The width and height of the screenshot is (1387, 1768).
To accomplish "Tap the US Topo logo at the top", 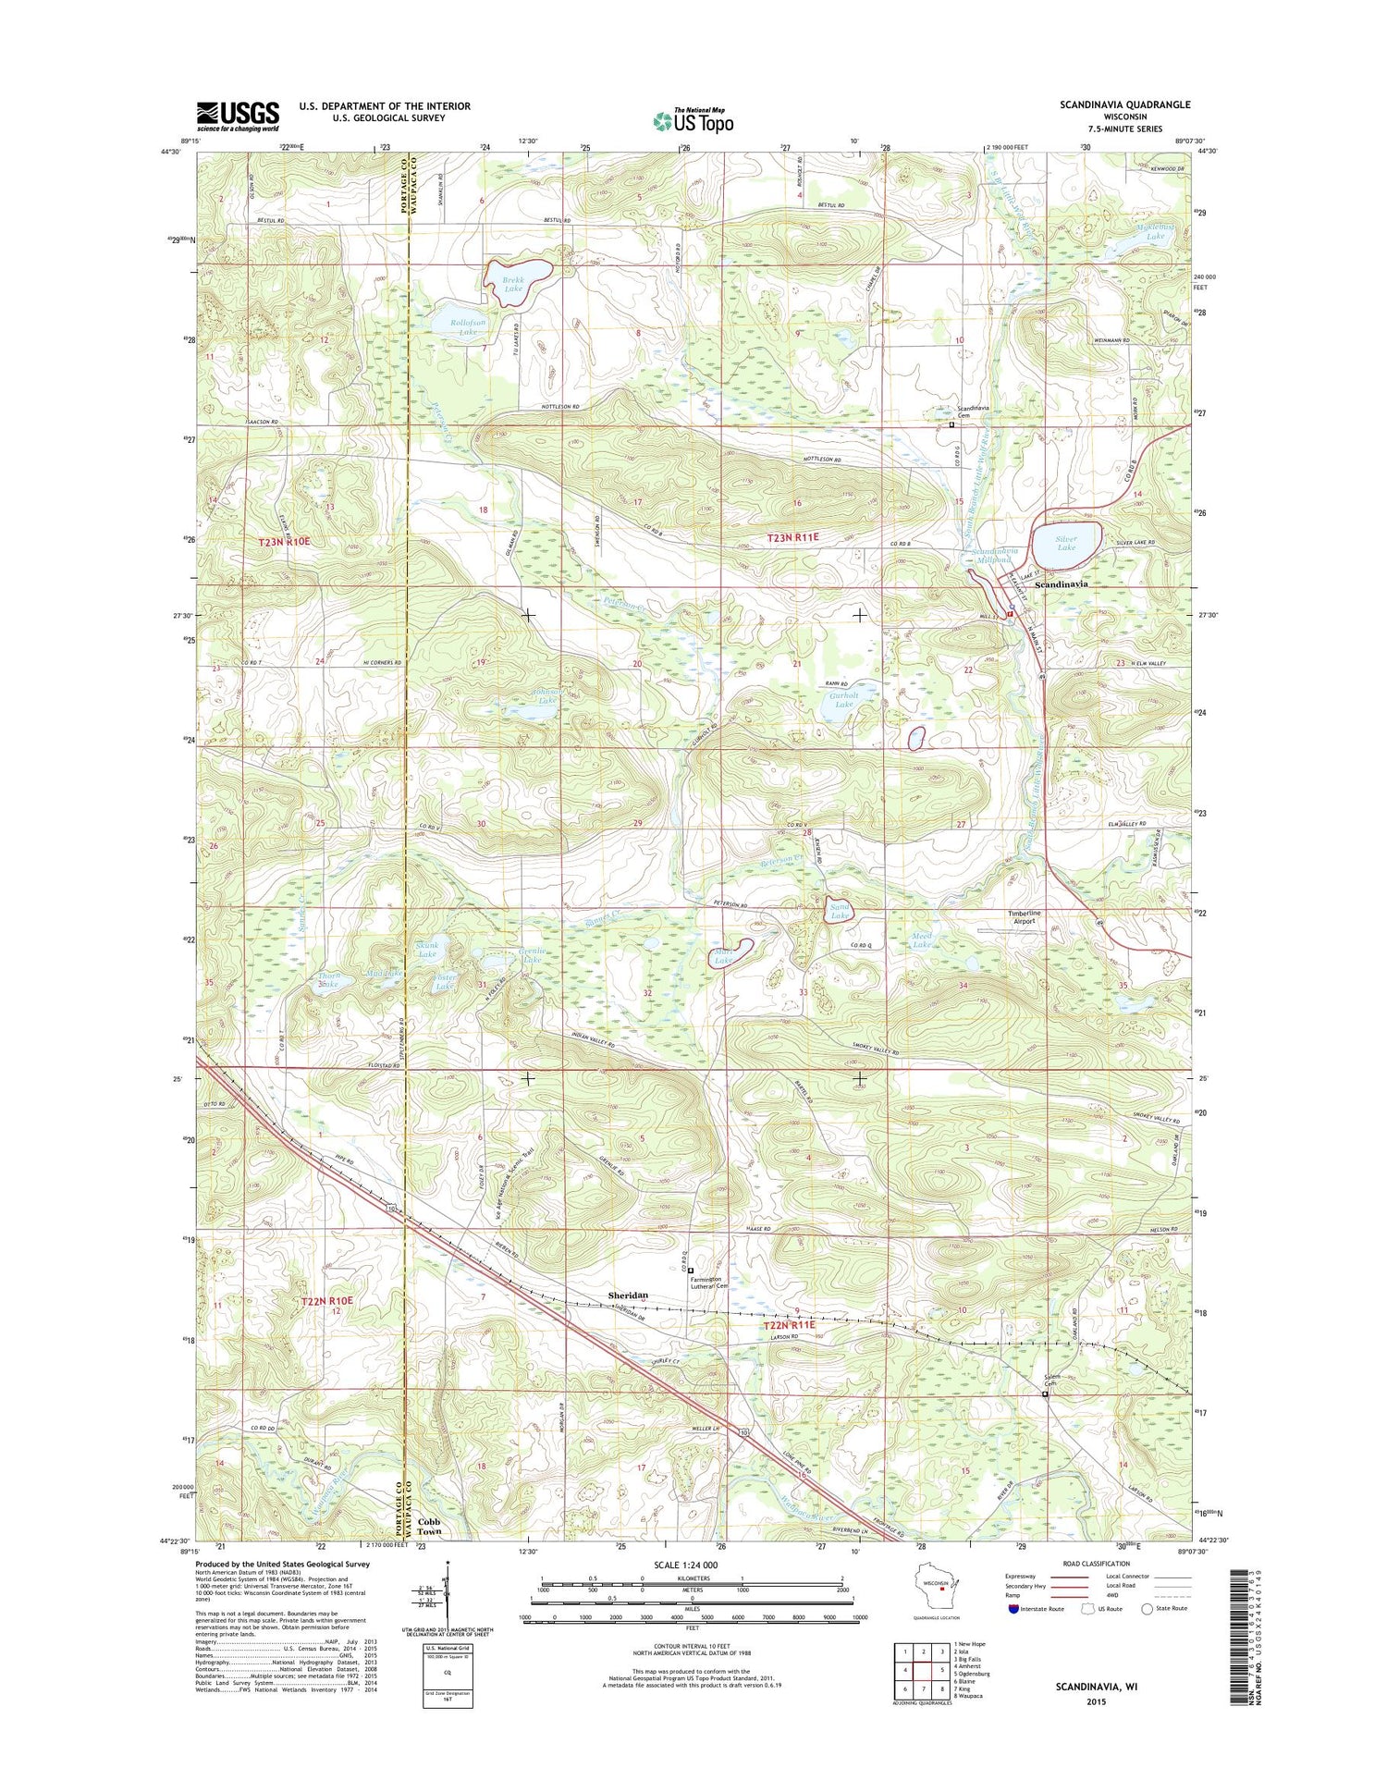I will tap(693, 120).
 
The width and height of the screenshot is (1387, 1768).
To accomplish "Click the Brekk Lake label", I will tap(513, 284).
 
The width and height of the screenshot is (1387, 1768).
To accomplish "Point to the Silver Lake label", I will tap(1066, 543).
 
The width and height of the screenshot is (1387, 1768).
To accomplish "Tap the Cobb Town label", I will tap(429, 1527).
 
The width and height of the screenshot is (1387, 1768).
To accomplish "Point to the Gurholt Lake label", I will tap(843, 699).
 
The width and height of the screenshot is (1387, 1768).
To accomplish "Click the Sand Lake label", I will tap(839, 912).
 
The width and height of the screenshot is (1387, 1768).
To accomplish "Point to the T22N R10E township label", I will tap(327, 1301).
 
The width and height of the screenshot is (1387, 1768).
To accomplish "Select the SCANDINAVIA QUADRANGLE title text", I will tap(1124, 105).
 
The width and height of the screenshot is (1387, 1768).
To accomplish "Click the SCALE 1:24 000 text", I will tap(692, 1565).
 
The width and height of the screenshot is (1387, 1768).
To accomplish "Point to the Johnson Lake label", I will tap(546, 695).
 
